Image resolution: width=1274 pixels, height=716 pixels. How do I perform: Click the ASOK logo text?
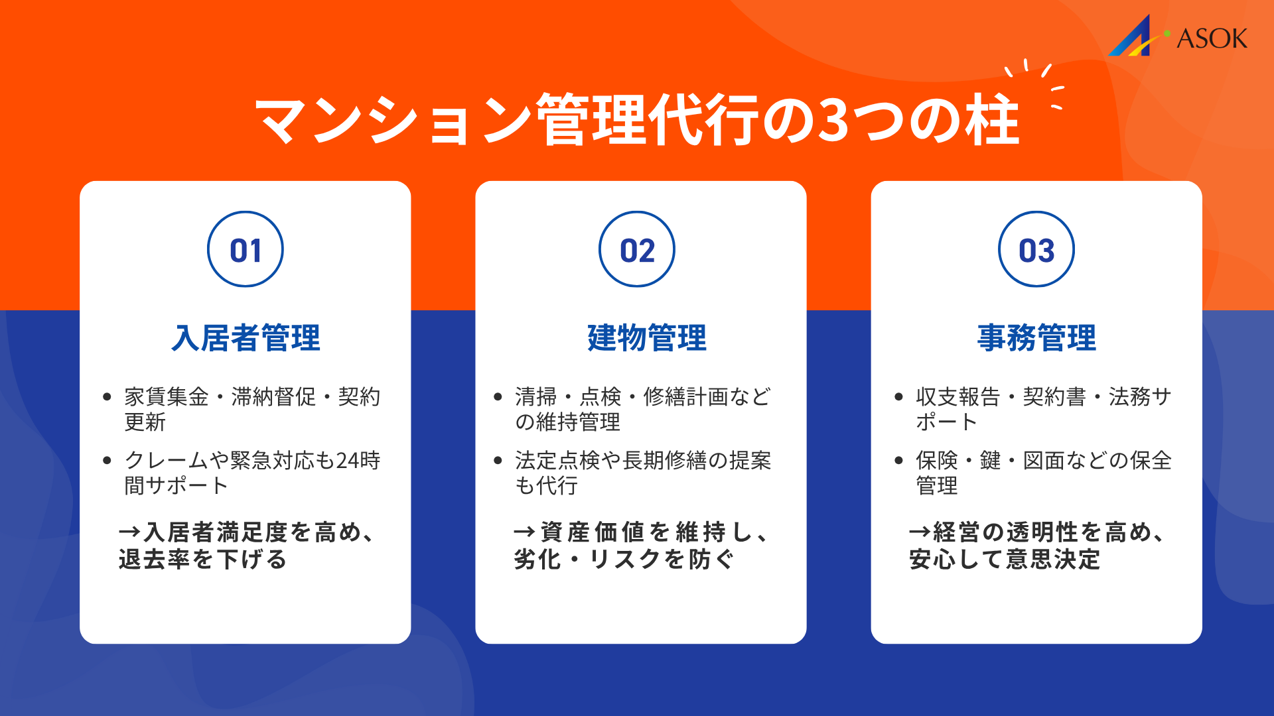[1212, 38]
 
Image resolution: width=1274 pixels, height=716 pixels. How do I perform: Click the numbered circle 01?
[246, 249]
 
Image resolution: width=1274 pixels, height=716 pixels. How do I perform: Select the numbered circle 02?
[637, 249]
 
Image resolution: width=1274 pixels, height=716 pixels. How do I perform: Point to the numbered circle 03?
[1036, 249]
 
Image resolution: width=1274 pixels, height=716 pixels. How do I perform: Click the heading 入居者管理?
[246, 338]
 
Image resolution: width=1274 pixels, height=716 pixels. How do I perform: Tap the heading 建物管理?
[647, 338]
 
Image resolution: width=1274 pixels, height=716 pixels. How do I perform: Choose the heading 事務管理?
[1036, 338]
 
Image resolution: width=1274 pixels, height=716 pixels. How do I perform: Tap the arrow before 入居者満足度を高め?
[129, 532]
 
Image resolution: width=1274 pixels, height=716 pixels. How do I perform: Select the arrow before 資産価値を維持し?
[524, 532]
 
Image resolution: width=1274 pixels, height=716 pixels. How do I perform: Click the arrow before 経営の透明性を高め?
[920, 532]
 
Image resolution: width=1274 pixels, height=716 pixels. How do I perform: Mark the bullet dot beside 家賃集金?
[107, 397]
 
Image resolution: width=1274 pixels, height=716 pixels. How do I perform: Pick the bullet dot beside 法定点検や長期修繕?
[498, 461]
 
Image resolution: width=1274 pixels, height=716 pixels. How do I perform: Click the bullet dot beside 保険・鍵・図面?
[899, 461]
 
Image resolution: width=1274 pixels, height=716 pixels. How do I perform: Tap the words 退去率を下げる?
[202, 560]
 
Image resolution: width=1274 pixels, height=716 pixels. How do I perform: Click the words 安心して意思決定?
[1005, 560]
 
